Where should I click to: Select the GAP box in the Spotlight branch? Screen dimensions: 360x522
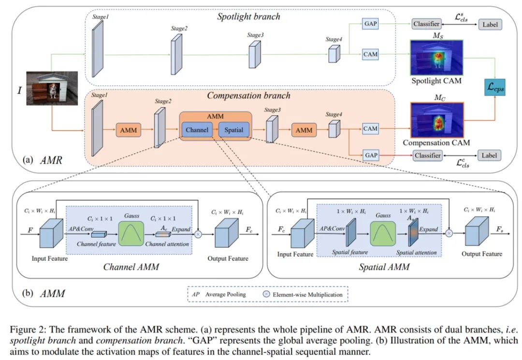[x=370, y=23]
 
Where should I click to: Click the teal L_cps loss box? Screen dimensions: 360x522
[x=494, y=87]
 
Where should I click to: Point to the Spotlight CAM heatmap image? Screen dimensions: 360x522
[x=436, y=57]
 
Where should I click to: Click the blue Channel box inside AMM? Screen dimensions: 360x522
[x=197, y=130]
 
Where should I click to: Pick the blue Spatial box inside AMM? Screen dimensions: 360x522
[x=234, y=130]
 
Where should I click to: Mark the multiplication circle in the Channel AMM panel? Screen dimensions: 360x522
[x=198, y=234]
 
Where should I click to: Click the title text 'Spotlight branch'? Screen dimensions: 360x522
[x=248, y=16]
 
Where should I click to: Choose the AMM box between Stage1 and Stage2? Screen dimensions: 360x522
[x=128, y=130]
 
